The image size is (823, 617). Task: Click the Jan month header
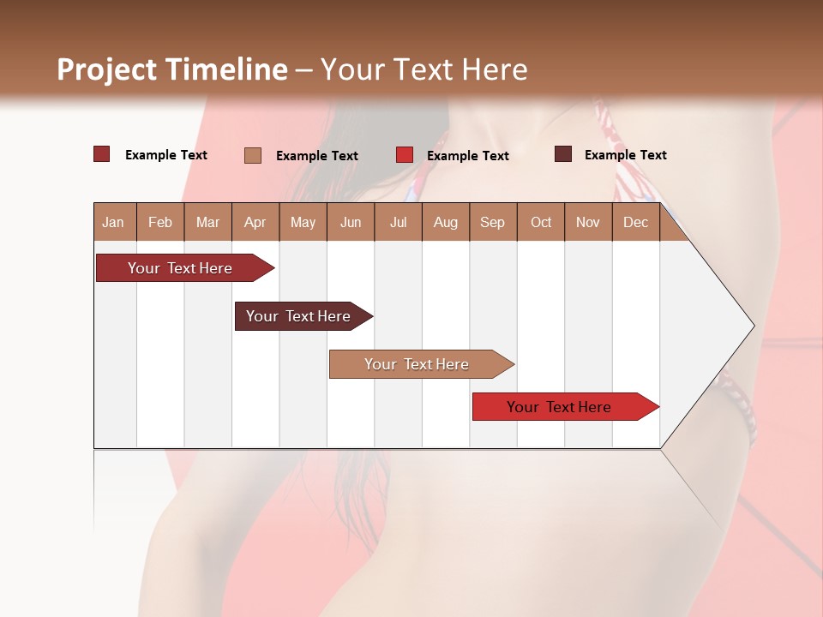pos(114,222)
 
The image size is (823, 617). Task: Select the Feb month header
pos(160,222)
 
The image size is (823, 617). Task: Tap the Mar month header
pos(207,222)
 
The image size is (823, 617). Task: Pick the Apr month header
pos(255,222)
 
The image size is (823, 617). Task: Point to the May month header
pos(303,222)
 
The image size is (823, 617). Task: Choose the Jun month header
pos(351,222)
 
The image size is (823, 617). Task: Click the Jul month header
pos(398,222)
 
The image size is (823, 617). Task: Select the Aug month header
pos(446,222)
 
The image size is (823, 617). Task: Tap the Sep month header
pos(493,222)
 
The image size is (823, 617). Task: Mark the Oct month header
pos(541,222)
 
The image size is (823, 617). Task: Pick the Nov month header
pos(588,222)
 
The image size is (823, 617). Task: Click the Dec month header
pos(636,222)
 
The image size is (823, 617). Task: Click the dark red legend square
pos(102,154)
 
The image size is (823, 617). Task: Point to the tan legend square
pos(253,155)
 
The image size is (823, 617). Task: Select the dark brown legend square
pos(563,154)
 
